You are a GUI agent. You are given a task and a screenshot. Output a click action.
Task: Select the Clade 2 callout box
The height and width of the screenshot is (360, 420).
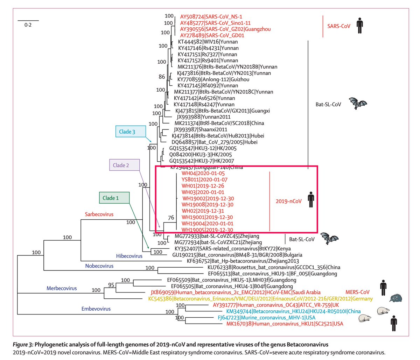[125, 165]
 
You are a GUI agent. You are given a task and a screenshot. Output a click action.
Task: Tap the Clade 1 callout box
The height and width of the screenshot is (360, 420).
[114, 198]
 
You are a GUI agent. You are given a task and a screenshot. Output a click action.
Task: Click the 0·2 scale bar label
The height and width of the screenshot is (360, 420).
[28, 26]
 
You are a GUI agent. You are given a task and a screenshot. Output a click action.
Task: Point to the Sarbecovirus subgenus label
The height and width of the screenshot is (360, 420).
[99, 214]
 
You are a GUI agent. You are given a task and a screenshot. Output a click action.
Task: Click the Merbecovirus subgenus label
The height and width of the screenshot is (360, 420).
[62, 288]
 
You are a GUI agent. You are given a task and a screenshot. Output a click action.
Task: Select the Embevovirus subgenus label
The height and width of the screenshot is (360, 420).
[96, 309]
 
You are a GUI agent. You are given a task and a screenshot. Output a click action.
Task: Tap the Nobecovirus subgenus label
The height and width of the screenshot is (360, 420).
[99, 266]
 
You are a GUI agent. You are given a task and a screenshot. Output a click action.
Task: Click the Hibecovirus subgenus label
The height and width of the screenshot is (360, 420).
[129, 256]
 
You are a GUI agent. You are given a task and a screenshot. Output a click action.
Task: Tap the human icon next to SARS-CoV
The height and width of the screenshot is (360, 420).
[359, 26]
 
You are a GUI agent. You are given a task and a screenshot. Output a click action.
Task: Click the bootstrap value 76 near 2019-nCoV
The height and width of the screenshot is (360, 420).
[171, 218]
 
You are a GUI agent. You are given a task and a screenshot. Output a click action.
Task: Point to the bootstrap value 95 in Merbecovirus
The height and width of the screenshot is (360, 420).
[111, 285]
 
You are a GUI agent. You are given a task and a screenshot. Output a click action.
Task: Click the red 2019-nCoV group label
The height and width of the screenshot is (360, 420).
[289, 202]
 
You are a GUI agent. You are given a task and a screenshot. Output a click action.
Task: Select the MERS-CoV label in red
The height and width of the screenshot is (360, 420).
[357, 292]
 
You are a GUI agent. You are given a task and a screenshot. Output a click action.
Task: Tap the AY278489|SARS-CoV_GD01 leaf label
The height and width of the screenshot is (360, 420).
[212, 35]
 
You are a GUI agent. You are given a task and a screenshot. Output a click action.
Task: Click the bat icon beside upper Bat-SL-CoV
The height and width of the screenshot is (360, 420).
[357, 104]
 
